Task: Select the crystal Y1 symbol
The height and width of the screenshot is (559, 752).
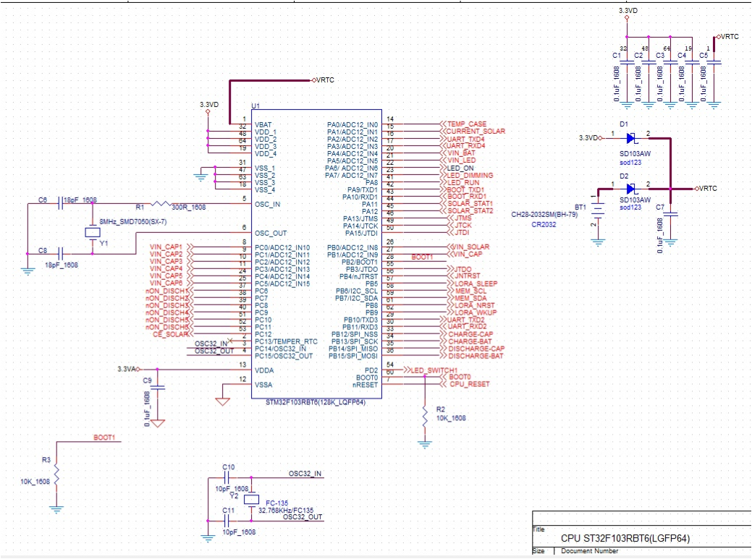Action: click(92, 232)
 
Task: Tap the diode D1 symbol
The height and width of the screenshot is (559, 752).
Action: click(630, 137)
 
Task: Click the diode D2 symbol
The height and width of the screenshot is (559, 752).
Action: click(630, 188)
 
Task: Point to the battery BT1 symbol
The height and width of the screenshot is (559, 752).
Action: click(598, 209)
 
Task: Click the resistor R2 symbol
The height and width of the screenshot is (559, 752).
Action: click(424, 415)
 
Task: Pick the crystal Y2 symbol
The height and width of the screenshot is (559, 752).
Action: click(251, 500)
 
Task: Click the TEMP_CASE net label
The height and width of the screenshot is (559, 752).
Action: click(466, 124)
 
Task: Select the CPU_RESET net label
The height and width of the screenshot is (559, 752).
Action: click(470, 385)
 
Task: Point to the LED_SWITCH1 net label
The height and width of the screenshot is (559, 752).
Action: click(434, 370)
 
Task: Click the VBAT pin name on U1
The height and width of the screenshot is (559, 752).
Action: click(263, 125)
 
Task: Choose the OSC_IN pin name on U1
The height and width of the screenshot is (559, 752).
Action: click(267, 205)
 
